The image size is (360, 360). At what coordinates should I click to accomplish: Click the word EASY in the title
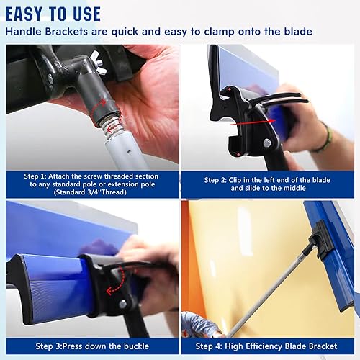32,12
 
